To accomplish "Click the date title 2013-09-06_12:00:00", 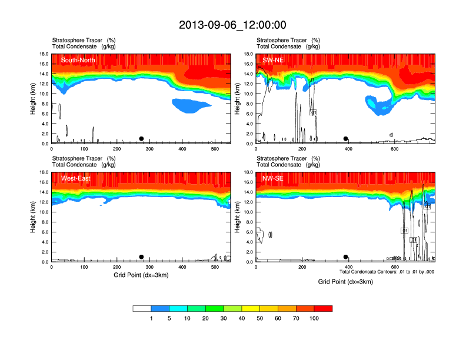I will [232, 25].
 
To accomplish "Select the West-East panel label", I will [76, 178].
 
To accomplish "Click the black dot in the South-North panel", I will [141, 139].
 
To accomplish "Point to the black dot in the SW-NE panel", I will [346, 139].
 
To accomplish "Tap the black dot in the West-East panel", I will [141, 257].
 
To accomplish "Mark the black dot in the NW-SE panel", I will [346, 257].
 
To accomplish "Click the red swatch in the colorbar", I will [323, 308].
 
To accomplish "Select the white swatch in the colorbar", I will [142, 308].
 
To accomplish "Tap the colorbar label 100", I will [314, 318].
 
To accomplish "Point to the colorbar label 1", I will [151, 318].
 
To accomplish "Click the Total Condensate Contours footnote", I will [387, 272].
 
